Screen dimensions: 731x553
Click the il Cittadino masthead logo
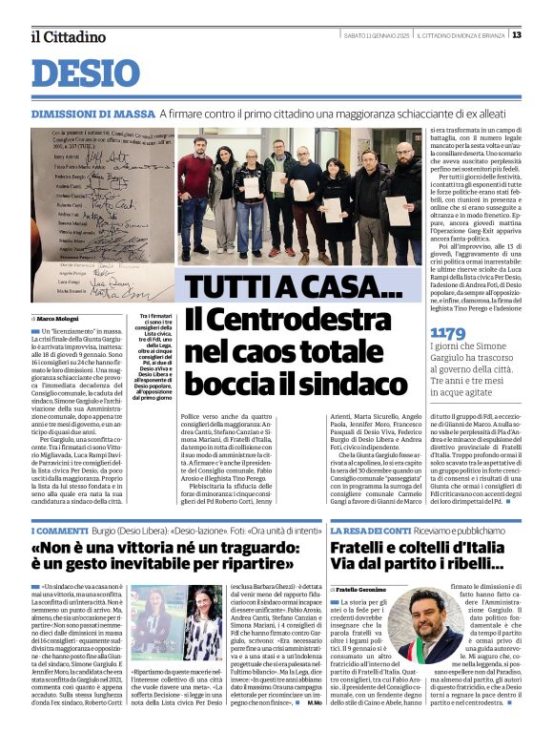pos(68,36)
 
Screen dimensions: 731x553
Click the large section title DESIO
pos(86,74)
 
